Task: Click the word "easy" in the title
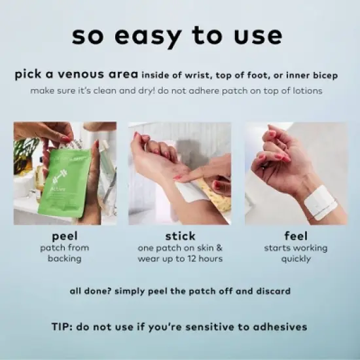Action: click(x=148, y=37)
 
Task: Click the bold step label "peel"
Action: click(x=65, y=236)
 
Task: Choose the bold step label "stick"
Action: click(x=180, y=236)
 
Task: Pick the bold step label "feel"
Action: click(x=296, y=236)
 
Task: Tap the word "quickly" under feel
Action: click(x=296, y=259)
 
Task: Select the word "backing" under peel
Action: click(x=65, y=259)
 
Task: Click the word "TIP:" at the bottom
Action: click(x=62, y=327)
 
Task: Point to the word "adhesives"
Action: click(x=280, y=327)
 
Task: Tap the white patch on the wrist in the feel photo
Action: click(x=321, y=203)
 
